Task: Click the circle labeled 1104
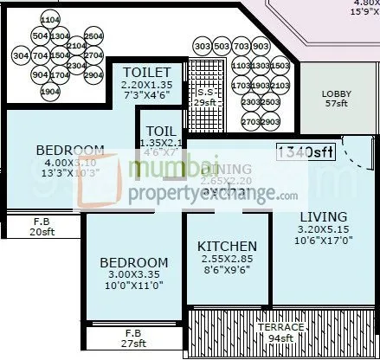50,19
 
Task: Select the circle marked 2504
94,36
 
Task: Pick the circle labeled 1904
50,92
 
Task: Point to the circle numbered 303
203,46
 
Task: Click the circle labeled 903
261,46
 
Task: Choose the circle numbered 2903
270,122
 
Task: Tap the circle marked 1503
280,66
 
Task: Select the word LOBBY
335,93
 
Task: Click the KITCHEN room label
227,246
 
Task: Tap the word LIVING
323,216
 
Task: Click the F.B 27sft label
132,337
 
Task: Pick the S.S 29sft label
204,96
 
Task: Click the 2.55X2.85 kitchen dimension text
227,260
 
